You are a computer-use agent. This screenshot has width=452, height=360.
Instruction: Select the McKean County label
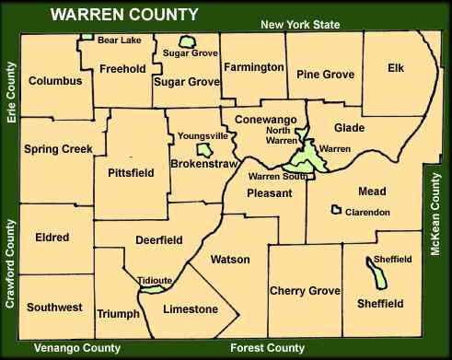click(x=439, y=216)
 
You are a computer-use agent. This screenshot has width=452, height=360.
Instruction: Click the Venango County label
click(x=76, y=348)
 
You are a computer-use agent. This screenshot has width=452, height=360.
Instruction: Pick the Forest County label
click(x=267, y=348)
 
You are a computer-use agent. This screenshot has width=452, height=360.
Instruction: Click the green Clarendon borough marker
click(x=338, y=211)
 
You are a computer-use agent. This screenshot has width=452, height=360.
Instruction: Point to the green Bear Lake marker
click(x=87, y=38)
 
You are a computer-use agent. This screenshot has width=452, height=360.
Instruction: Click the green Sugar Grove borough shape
click(x=189, y=42)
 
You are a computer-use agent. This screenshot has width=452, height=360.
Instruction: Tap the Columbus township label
click(x=55, y=81)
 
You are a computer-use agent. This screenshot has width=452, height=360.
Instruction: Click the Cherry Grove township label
click(x=306, y=291)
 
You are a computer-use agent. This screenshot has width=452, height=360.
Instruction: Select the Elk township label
click(x=396, y=67)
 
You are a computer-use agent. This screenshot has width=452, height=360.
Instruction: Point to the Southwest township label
click(x=55, y=307)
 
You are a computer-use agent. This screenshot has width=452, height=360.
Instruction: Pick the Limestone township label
click(x=190, y=308)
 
